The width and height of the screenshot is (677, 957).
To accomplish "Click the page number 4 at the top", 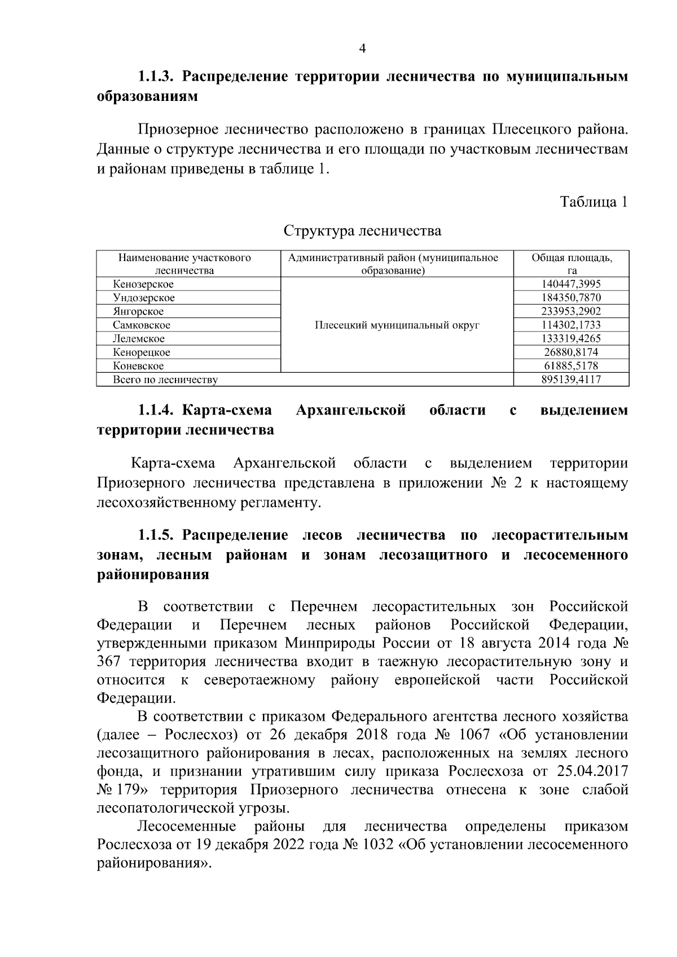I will click(x=362, y=49).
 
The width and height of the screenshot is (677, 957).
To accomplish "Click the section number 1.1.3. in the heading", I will click(x=159, y=77).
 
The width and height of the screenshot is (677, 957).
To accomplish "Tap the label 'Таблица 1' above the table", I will click(x=594, y=202).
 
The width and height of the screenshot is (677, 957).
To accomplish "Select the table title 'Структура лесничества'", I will click(x=362, y=231).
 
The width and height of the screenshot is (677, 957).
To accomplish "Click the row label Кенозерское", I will click(x=143, y=284).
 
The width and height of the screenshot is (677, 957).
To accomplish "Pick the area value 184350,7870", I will click(x=571, y=298).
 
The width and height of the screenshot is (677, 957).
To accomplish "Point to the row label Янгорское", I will click(x=138, y=311).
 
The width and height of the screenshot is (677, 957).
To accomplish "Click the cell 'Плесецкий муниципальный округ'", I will click(x=397, y=325).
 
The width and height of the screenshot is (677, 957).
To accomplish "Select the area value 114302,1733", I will click(x=571, y=325).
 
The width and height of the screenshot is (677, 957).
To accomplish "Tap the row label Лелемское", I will click(x=139, y=338).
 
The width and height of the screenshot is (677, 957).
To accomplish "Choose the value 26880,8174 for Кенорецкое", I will click(x=571, y=352).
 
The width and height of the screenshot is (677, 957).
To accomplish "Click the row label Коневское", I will click(x=138, y=365).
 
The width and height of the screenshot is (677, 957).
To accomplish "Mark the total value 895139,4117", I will click(x=571, y=380).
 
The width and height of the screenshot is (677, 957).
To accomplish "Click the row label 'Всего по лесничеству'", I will click(x=165, y=380).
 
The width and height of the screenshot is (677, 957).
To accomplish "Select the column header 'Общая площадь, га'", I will click(x=571, y=264).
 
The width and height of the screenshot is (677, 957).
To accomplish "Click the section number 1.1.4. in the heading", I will click(x=159, y=410).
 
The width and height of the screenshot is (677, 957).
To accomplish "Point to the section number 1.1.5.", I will click(x=159, y=535).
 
